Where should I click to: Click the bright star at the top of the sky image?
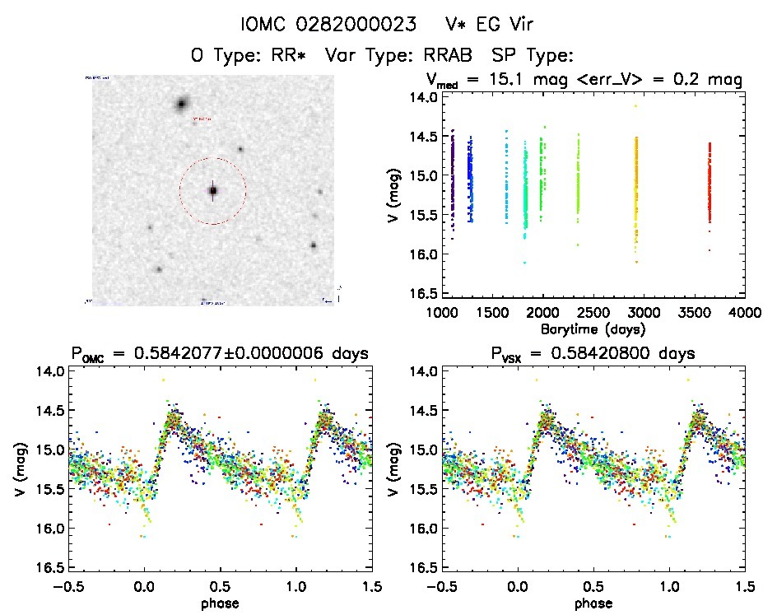pyautogui.click(x=181, y=104)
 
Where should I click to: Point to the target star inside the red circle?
pyautogui.click(x=212, y=190)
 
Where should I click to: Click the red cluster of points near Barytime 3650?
pyautogui.click(x=709, y=181)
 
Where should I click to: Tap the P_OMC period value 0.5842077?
pyautogui.click(x=221, y=354)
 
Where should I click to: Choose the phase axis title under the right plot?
pyautogui.click(x=593, y=603)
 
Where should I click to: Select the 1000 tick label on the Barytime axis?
pyautogui.click(x=443, y=314)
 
